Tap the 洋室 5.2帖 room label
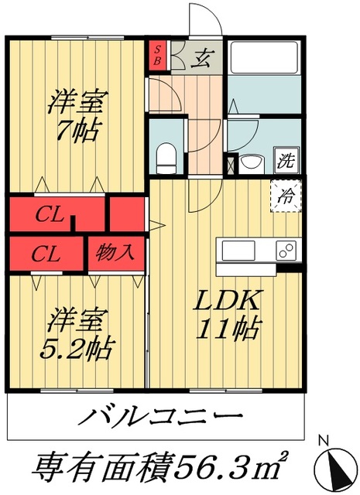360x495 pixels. click(x=76, y=333)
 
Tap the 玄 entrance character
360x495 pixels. click(x=204, y=56)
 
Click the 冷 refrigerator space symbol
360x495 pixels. click(x=286, y=194)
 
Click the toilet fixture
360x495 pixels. click(x=165, y=159)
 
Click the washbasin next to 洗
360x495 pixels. click(x=252, y=162)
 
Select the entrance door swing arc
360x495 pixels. click(x=204, y=19)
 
